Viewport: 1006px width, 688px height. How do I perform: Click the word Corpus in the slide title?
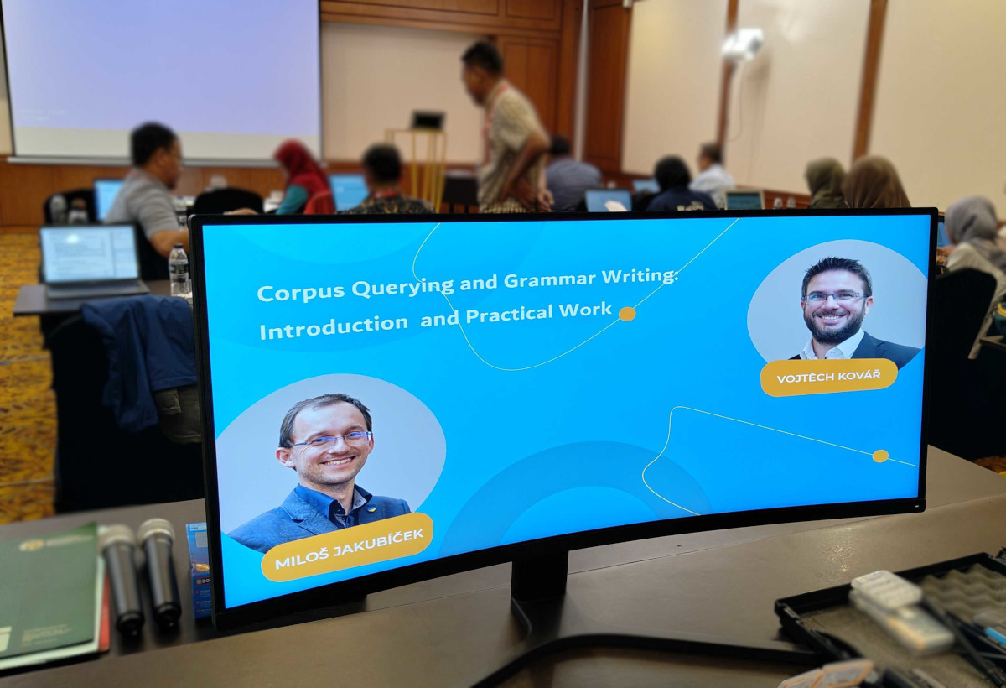click(x=301, y=293)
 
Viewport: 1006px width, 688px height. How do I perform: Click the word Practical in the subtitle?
click(x=510, y=314)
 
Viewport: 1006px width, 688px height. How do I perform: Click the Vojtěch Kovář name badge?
click(x=828, y=377)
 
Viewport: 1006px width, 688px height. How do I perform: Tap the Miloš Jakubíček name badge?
click(x=347, y=548)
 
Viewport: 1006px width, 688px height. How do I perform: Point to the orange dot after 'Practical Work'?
click(x=627, y=314)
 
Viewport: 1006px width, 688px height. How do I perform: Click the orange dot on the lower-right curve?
click(x=880, y=456)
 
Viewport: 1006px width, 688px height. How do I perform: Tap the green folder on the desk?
click(x=49, y=593)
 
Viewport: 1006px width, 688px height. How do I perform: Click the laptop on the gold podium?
click(x=428, y=121)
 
